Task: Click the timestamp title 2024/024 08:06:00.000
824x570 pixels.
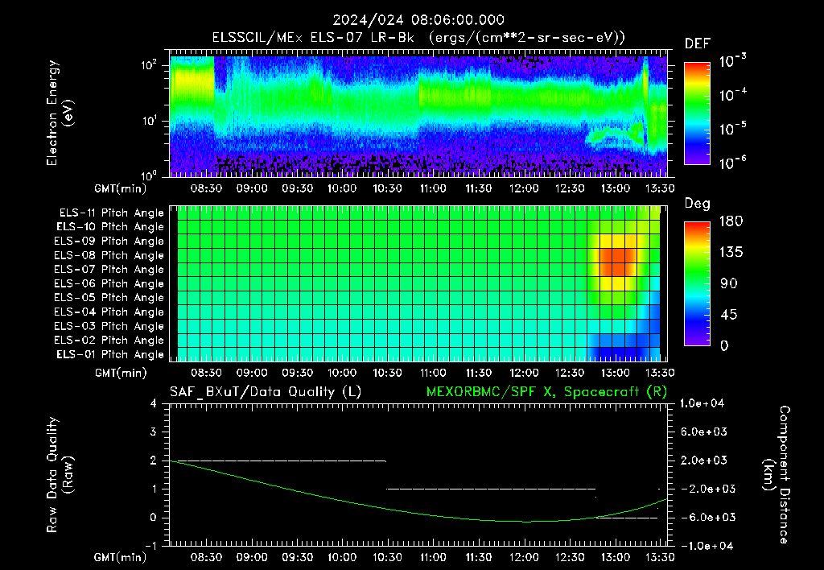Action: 418,20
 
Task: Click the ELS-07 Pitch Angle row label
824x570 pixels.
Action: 109,269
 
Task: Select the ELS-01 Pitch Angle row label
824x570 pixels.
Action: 109,354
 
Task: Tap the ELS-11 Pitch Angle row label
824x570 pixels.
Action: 111,213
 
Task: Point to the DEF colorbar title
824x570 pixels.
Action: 697,43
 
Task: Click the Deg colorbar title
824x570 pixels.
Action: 697,204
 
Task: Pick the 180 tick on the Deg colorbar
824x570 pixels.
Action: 731,221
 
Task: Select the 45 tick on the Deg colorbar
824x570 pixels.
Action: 727,315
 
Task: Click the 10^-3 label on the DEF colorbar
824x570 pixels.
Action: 732,60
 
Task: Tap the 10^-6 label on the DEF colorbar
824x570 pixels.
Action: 732,163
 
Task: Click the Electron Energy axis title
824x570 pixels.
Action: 60,113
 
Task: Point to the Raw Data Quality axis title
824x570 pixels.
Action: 60,475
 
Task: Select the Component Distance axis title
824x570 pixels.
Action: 777,475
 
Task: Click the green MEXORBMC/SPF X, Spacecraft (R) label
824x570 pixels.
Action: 546,392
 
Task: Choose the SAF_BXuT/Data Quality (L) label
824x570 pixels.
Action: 266,392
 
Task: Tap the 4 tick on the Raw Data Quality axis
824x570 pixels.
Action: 154,403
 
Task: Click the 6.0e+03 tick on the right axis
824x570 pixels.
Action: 703,432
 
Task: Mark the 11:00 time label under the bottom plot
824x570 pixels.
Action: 433,557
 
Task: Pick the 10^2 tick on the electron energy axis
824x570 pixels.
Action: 149,65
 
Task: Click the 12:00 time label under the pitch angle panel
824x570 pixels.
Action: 524,373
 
